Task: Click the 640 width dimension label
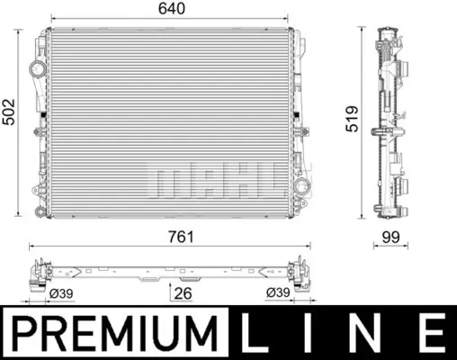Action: coord(172,9)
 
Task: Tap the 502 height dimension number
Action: coord(8,112)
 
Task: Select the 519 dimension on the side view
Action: coord(352,119)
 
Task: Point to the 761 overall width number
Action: coord(181,237)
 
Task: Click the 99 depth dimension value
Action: coord(390,237)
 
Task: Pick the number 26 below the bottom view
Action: coord(183,293)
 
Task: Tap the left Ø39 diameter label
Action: coord(61,293)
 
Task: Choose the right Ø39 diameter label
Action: coord(278,292)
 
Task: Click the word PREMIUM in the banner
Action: coord(114,333)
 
